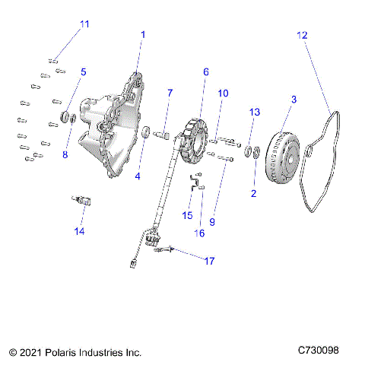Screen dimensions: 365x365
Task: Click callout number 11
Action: (x=84, y=24)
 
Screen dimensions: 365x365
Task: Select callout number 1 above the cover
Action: (x=143, y=35)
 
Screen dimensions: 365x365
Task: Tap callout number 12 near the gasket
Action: (x=303, y=35)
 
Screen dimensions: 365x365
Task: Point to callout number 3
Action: (x=294, y=99)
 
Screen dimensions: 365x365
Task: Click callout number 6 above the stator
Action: (x=205, y=71)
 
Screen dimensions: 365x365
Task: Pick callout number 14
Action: (x=79, y=230)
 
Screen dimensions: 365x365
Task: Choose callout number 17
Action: (x=208, y=261)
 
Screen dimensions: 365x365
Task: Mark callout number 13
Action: (x=255, y=112)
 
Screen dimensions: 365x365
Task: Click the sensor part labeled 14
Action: (x=79, y=202)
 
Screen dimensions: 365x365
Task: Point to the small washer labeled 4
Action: (x=144, y=135)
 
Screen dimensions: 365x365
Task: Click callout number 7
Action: (x=170, y=93)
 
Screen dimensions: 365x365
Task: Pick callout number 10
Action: (x=223, y=94)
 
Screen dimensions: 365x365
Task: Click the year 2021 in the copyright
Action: (x=32, y=353)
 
